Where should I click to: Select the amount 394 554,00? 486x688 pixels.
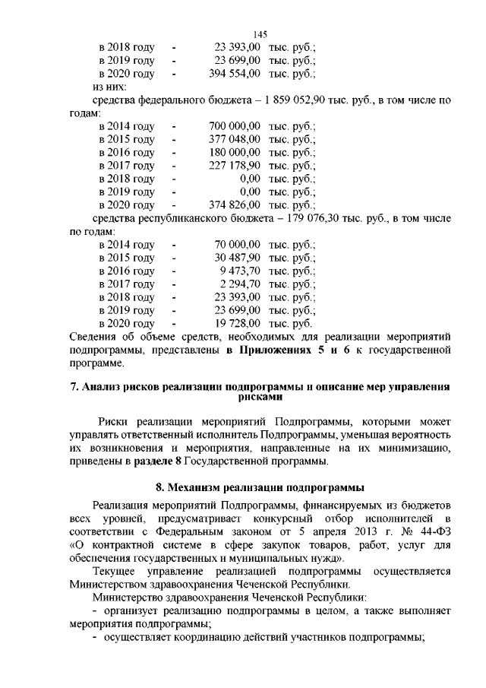(235, 74)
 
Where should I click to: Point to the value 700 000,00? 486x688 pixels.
(235, 126)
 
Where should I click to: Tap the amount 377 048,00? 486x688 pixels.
(235, 139)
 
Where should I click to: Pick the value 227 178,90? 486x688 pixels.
(235, 166)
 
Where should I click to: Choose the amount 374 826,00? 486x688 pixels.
(235, 205)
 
